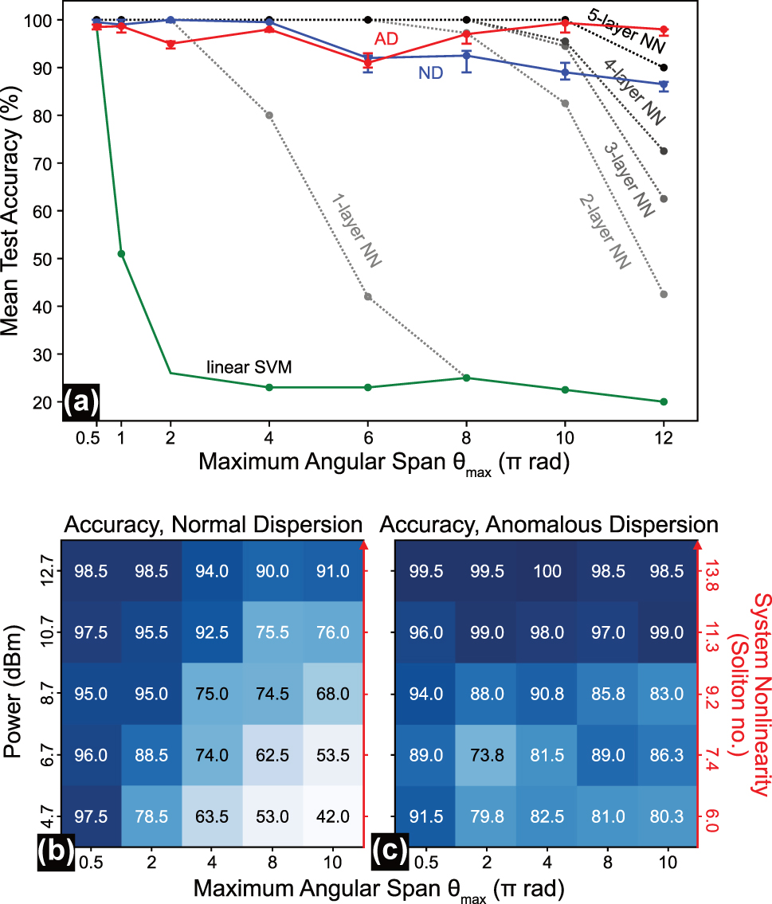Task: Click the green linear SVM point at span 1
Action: tap(121, 253)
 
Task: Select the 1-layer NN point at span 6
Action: tap(367, 296)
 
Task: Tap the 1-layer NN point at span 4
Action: tap(269, 115)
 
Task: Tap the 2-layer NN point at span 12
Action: tap(664, 294)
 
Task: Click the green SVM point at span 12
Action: tap(664, 401)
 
